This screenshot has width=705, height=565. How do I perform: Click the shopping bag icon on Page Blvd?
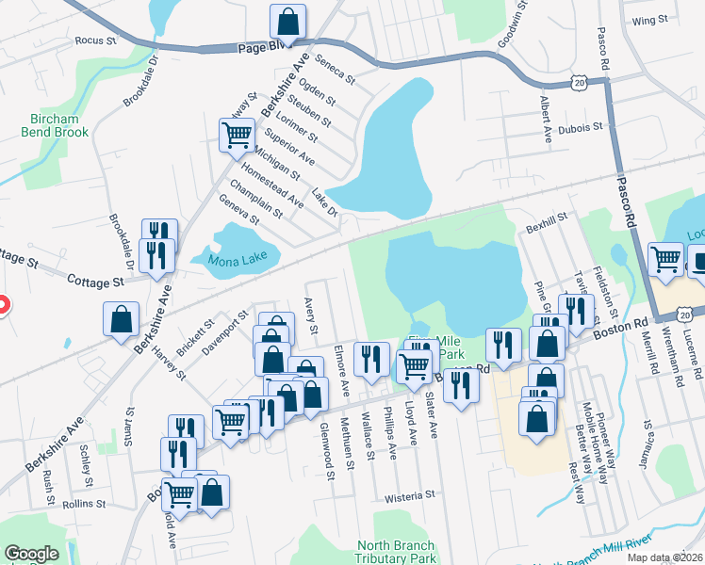(x=287, y=21)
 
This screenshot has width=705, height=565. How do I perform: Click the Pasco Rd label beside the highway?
(x=623, y=197)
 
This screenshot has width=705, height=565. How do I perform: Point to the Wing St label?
(x=650, y=20)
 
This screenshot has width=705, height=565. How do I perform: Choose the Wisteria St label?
(x=408, y=494)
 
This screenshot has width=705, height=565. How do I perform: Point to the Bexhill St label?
(x=548, y=217)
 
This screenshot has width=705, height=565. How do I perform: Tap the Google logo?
(x=31, y=554)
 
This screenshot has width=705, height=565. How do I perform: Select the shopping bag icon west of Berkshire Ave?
(x=122, y=318)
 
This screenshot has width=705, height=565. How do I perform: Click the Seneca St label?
(x=335, y=68)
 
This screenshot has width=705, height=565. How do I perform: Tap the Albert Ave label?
(x=546, y=120)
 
